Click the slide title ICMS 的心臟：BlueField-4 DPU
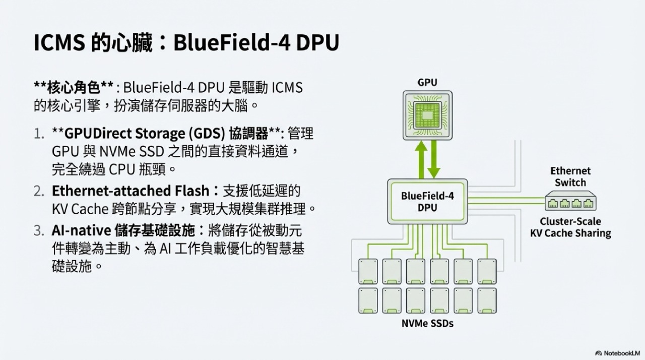click(x=186, y=43)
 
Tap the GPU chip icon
click(x=427, y=115)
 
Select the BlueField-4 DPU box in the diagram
click(x=427, y=201)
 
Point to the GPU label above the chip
click(x=427, y=82)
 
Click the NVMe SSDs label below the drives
click(x=427, y=323)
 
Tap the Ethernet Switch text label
click(x=570, y=176)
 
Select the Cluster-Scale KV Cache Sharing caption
click(x=570, y=227)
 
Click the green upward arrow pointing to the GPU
click(x=419, y=160)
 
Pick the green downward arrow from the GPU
click(x=434, y=160)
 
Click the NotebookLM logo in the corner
click(x=617, y=353)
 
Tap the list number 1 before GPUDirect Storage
click(x=39, y=134)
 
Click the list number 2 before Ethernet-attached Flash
click(x=39, y=191)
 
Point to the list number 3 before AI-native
click(x=39, y=231)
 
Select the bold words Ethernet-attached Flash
click(x=130, y=191)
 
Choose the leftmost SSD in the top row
click(x=367, y=271)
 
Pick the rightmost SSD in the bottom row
click(x=487, y=300)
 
